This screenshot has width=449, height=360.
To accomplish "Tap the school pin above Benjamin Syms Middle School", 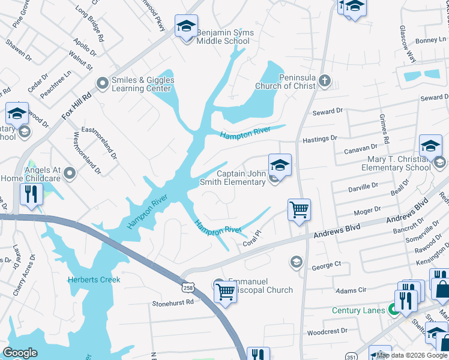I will pyautogui.click(x=187, y=26).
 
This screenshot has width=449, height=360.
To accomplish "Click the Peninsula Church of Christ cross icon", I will pyautogui.click(x=325, y=80).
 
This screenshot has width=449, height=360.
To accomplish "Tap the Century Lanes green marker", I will pyautogui.click(x=394, y=310).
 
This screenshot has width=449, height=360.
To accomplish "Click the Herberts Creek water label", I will pyautogui.click(x=94, y=280).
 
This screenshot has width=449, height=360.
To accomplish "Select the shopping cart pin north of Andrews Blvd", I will pyautogui.click(x=299, y=210).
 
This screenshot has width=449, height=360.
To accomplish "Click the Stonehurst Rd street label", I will pyautogui.click(x=173, y=303).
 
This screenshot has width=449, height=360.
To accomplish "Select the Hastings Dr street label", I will pyautogui.click(x=321, y=139).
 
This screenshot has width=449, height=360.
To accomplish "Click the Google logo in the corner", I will pyautogui.click(x=20, y=353).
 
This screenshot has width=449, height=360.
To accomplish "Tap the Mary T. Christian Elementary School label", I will pyautogui.click(x=396, y=164).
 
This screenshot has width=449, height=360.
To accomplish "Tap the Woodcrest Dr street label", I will pyautogui.click(x=327, y=331).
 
